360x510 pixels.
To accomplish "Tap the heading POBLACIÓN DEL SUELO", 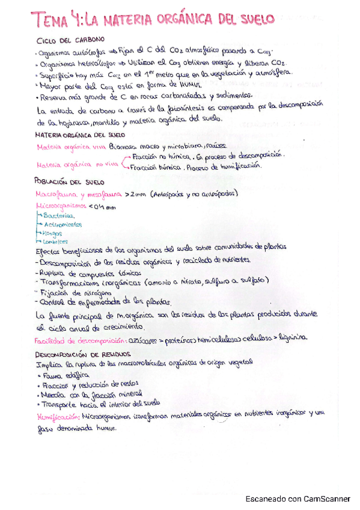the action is [x=70, y=182].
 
